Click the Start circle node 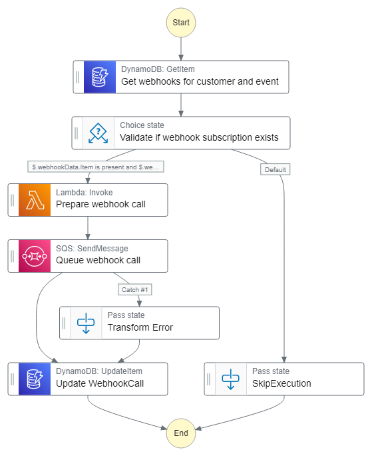click(181, 23)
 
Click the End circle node click(181, 433)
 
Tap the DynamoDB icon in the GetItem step click(100, 77)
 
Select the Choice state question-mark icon click(98, 133)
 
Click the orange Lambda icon click(35, 200)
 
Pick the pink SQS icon click(35, 256)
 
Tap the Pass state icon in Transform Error click(86, 323)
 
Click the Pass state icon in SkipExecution click(230, 379)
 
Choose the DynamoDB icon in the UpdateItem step click(35, 379)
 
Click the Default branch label click(276, 169)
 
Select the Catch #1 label click(134, 289)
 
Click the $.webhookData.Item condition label click(96, 167)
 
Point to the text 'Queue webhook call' click(98, 260)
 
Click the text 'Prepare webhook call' click(100, 204)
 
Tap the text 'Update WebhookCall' click(100, 383)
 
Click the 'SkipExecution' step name click(281, 383)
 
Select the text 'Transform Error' click(140, 327)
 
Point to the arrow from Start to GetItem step click(181, 49)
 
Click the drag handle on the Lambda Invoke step click(13, 200)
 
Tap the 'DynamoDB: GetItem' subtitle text click(158, 69)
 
